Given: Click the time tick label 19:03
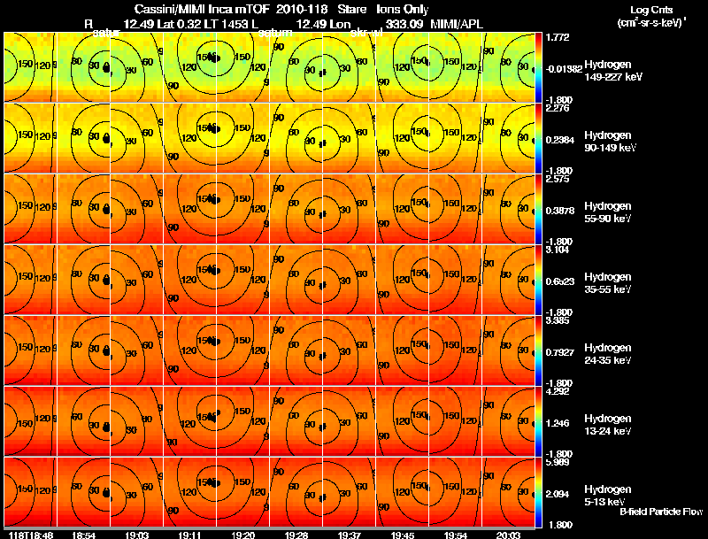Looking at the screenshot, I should pos(137,535).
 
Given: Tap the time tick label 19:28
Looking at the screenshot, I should pos(297,535).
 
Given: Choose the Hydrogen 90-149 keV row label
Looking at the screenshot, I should pos(607,142).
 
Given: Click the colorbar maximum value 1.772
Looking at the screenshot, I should pos(558,38).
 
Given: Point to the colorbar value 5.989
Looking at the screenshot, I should pos(558,463).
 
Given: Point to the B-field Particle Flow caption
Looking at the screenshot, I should pos(660,512).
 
